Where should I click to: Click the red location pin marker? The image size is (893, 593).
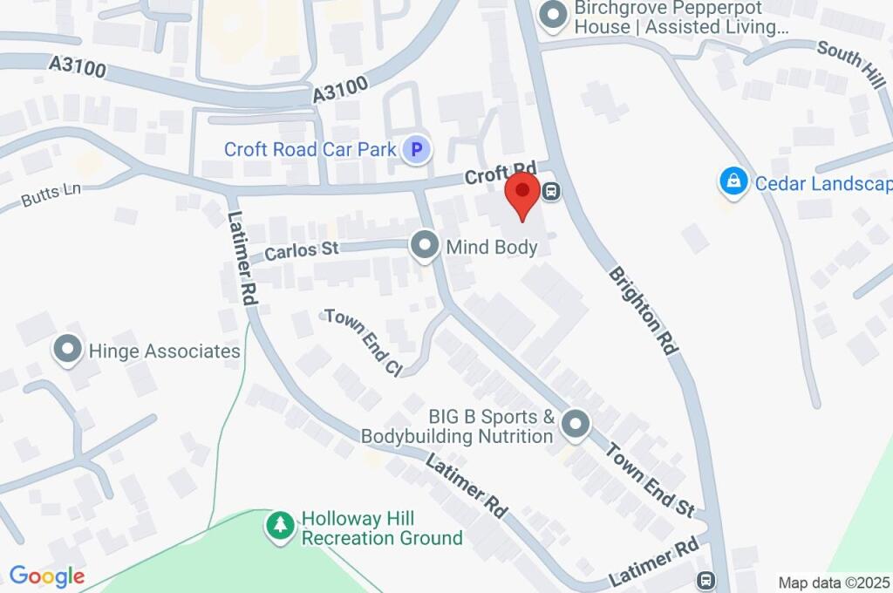click(522, 194)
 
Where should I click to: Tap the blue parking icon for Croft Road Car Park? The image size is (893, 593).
click(417, 150)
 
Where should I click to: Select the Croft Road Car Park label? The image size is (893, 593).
click(310, 149)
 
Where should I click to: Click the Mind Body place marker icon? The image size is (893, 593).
click(425, 247)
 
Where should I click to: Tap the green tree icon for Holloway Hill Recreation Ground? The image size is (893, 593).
click(280, 527)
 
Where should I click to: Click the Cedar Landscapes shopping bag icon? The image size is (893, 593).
click(733, 183)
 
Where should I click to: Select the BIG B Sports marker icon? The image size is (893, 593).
click(575, 426)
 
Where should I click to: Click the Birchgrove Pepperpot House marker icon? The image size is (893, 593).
click(551, 16)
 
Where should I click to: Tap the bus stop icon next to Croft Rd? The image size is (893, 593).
click(551, 191)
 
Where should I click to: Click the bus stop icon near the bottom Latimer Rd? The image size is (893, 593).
click(706, 580)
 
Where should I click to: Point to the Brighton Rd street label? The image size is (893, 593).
click(644, 310)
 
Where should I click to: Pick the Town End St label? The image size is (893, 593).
click(651, 480)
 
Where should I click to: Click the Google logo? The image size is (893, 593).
click(46, 576)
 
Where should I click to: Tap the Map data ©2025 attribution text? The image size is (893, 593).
click(835, 583)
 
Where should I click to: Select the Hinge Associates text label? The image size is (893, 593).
click(164, 351)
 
